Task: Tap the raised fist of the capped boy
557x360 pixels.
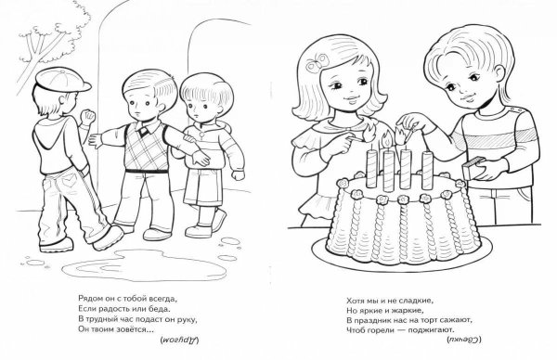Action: tap(88, 116)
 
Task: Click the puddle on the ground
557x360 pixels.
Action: tap(144, 265)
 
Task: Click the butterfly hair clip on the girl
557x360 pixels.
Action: tap(318, 61)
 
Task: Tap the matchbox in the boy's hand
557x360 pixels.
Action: tap(474, 168)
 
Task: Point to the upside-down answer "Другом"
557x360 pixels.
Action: tap(179, 341)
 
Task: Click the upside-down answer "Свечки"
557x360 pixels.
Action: tap(463, 340)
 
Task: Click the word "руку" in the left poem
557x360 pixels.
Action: tap(187, 319)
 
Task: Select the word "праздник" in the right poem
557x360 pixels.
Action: tap(372, 321)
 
